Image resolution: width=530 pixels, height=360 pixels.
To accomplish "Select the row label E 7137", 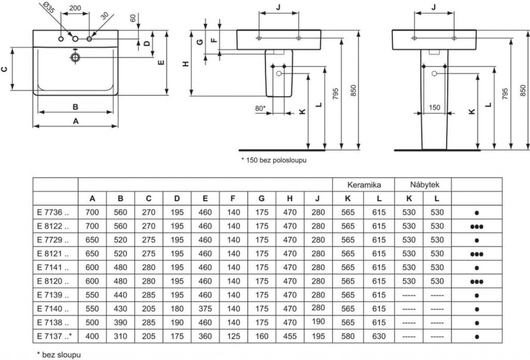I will click(54, 336).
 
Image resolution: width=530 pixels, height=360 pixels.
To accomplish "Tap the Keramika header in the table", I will click(363, 184).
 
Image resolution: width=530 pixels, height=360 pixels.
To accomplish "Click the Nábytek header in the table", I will click(423, 184).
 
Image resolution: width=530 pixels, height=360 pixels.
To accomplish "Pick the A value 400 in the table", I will click(92, 336).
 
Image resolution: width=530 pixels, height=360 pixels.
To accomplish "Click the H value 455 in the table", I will click(290, 336).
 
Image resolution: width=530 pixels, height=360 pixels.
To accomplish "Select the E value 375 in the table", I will click(205, 309).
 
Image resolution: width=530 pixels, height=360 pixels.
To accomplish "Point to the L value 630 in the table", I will click(379, 336).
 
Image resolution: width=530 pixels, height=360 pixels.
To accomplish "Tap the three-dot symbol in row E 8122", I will click(476, 226).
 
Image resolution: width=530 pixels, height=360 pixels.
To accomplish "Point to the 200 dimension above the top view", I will click(75, 9).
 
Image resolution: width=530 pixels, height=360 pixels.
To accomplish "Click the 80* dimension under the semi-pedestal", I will click(260, 108).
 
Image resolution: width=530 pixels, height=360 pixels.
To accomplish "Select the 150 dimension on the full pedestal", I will click(434, 107).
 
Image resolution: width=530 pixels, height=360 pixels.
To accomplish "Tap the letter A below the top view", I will click(76, 121).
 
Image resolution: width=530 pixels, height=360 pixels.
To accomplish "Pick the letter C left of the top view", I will click(5, 69).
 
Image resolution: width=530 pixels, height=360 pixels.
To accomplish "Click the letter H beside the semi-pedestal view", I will click(186, 64).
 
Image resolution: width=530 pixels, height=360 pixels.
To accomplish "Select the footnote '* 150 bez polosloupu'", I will click(274, 161).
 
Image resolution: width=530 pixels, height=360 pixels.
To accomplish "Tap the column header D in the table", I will click(177, 198).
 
